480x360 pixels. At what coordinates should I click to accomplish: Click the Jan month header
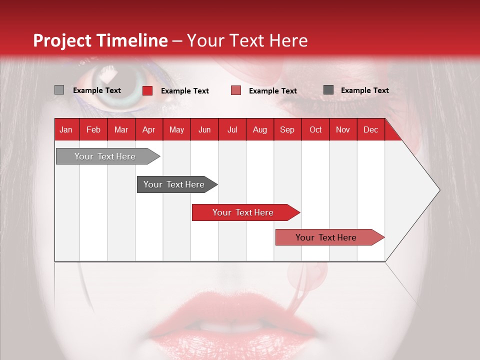pyautogui.click(x=66, y=129)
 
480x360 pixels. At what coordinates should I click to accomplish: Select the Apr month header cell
pyautogui.click(x=148, y=129)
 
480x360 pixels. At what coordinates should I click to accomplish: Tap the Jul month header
pyautogui.click(x=232, y=129)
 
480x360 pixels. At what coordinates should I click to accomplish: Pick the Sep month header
pyautogui.click(x=287, y=129)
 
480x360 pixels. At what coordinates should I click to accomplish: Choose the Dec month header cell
pyautogui.click(x=370, y=129)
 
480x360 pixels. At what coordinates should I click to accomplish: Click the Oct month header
pyautogui.click(x=315, y=129)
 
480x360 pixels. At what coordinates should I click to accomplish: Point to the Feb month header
pyautogui.click(x=93, y=129)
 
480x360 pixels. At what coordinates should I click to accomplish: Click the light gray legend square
pyautogui.click(x=59, y=90)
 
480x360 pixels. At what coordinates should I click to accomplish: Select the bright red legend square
pyautogui.click(x=147, y=90)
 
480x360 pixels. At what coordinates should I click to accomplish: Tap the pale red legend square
pyautogui.click(x=236, y=90)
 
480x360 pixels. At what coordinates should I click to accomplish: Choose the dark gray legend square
pyautogui.click(x=328, y=90)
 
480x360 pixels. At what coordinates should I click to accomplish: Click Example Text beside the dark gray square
pyautogui.click(x=364, y=90)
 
